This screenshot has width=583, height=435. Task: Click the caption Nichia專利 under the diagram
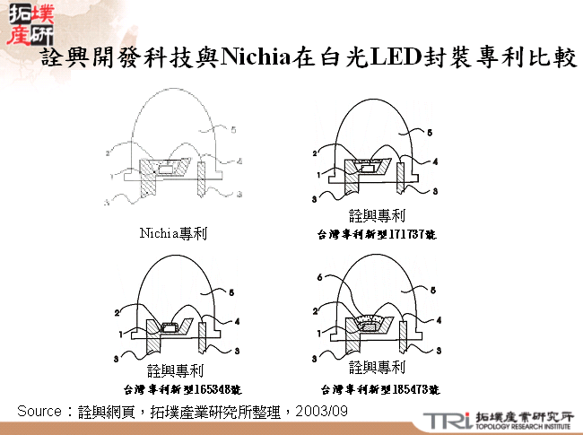click(173, 233)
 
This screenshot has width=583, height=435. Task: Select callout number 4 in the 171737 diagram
click(434, 161)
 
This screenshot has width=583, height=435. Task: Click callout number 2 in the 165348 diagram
click(117, 311)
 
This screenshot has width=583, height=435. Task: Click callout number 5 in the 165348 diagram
click(231, 291)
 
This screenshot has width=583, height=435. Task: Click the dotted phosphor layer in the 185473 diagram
click(368, 318)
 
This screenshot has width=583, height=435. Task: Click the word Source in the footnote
click(38, 410)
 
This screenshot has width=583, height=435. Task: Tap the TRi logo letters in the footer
click(443, 420)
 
